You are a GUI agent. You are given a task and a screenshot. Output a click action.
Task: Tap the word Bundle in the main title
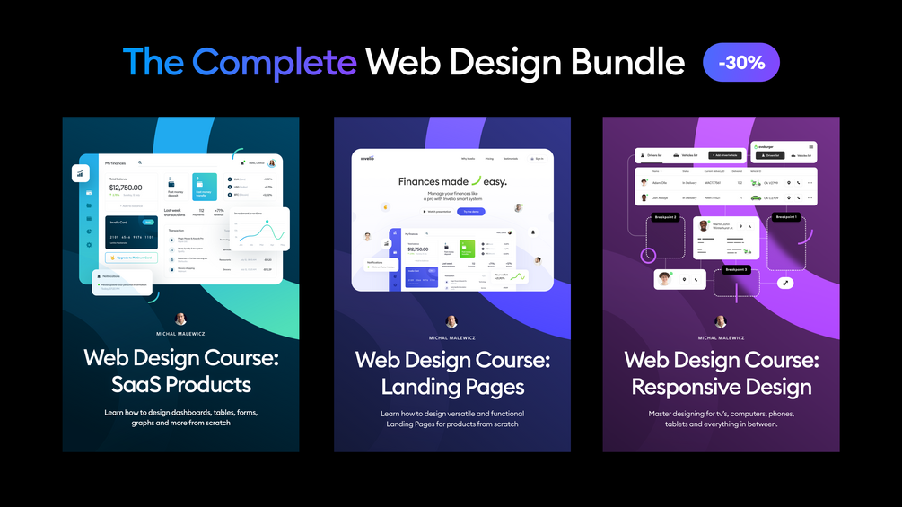(x=626, y=62)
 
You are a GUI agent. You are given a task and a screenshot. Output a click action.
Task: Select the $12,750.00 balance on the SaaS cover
(x=126, y=187)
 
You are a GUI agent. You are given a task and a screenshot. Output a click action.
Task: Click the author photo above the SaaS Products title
(x=180, y=319)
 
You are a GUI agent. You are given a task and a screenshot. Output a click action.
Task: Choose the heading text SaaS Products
(x=180, y=385)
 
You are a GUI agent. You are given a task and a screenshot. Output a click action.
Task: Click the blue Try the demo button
(x=471, y=211)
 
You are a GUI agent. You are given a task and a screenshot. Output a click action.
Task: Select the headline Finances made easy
(x=452, y=181)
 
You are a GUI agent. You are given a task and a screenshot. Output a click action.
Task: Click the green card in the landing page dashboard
(x=467, y=249)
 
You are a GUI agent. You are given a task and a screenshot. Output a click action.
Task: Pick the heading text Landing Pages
(x=452, y=387)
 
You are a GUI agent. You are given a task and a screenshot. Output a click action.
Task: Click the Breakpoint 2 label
(x=666, y=217)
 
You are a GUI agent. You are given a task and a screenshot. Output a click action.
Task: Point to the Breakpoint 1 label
(x=786, y=217)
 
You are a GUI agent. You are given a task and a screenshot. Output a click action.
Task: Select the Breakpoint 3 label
(x=736, y=269)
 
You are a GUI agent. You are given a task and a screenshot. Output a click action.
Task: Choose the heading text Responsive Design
(x=722, y=387)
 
